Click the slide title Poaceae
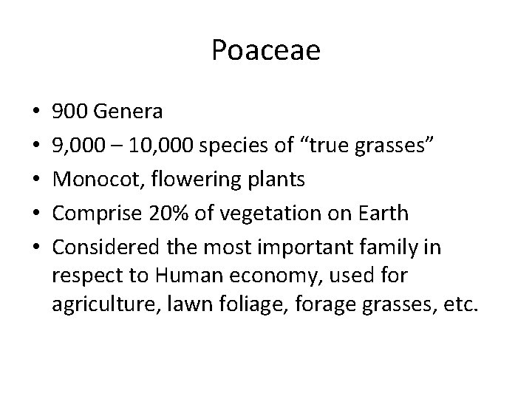[x=266, y=50]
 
